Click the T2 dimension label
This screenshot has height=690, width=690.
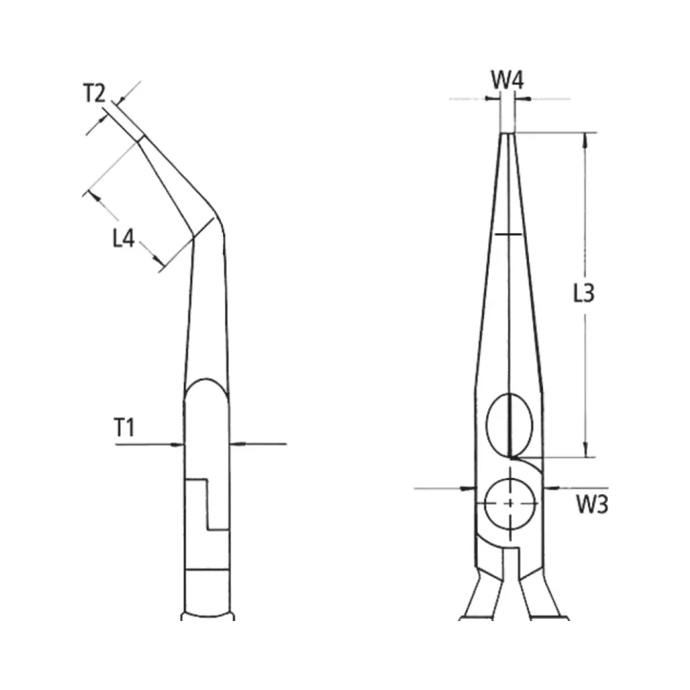(95, 93)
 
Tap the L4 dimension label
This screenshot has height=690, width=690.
(124, 238)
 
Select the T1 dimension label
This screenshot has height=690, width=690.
(124, 427)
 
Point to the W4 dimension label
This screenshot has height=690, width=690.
(507, 80)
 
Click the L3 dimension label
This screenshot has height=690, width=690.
(584, 293)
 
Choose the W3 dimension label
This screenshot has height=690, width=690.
(592, 504)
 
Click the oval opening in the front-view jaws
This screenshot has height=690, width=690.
(509, 424)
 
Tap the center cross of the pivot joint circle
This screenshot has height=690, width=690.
(510, 503)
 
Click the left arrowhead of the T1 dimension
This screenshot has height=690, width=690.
(177, 444)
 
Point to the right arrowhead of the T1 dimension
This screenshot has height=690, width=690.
(236, 444)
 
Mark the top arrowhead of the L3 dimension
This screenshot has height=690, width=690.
(585, 140)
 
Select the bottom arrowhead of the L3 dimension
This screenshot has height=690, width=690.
(585, 450)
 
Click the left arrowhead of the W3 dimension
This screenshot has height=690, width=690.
(469, 488)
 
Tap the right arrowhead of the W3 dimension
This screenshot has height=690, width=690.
(551, 488)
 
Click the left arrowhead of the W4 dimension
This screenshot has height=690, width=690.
(494, 99)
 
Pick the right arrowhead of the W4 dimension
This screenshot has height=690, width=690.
(522, 99)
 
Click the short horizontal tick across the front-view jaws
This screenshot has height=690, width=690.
(508, 235)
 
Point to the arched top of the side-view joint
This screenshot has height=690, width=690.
(206, 379)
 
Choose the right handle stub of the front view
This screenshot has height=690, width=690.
(540, 596)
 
